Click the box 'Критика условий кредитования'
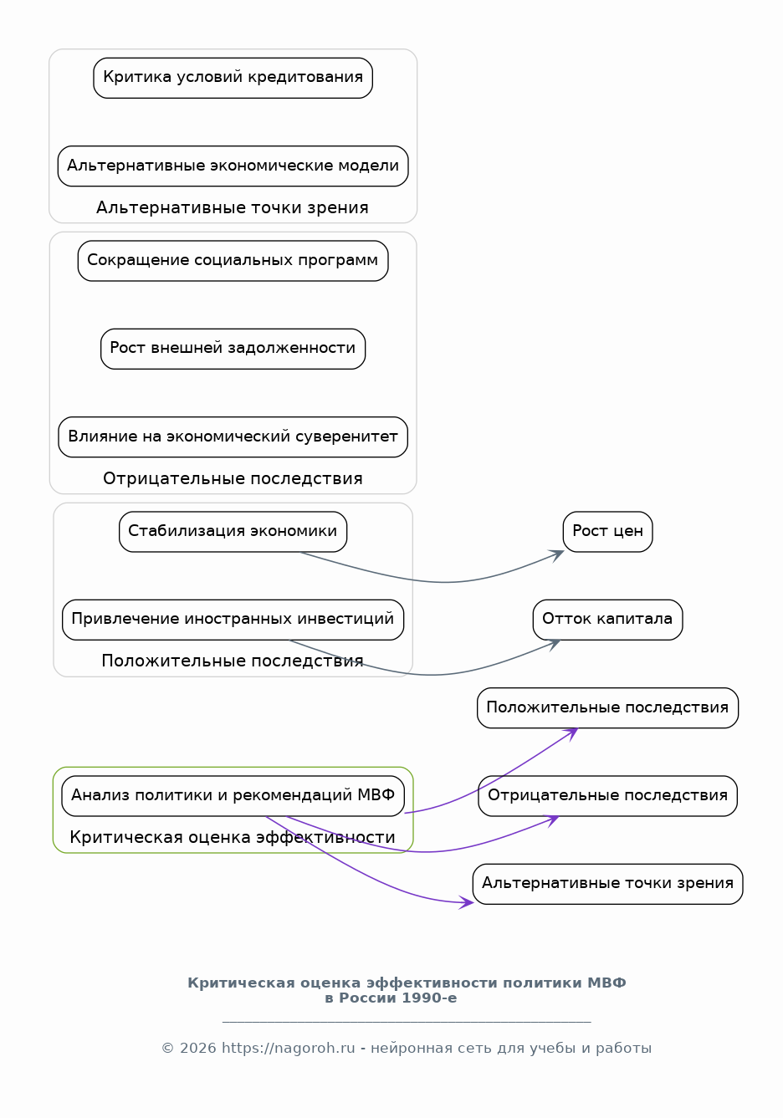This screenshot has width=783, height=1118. coord(233,78)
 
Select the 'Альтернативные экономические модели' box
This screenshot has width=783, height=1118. coord(233,166)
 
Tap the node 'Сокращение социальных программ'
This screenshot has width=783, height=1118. coord(233,261)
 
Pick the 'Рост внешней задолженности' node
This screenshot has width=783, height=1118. coord(233,349)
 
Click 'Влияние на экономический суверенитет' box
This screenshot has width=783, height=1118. coord(233,437)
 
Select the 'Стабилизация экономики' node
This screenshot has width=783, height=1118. coord(233,532)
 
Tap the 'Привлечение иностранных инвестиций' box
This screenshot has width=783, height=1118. coord(233,620)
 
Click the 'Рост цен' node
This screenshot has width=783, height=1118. coord(607,532)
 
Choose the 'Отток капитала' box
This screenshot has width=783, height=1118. coord(607,620)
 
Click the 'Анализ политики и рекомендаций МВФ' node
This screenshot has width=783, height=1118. coord(233,796)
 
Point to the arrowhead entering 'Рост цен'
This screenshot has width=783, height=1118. coord(558,554)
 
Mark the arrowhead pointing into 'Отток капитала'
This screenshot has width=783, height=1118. coord(555,643)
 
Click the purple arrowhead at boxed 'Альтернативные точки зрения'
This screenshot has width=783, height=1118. coord(468,902)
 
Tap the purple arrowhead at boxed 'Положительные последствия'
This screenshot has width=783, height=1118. coord(571,733)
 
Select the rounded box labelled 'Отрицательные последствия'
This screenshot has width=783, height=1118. coord(607,796)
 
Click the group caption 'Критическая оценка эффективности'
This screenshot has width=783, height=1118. coord(233,838)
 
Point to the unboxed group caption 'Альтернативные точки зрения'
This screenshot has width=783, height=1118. coord(233,207)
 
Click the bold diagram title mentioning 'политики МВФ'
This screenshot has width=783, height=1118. coord(407,990)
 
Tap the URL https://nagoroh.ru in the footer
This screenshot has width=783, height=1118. coord(288,1048)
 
